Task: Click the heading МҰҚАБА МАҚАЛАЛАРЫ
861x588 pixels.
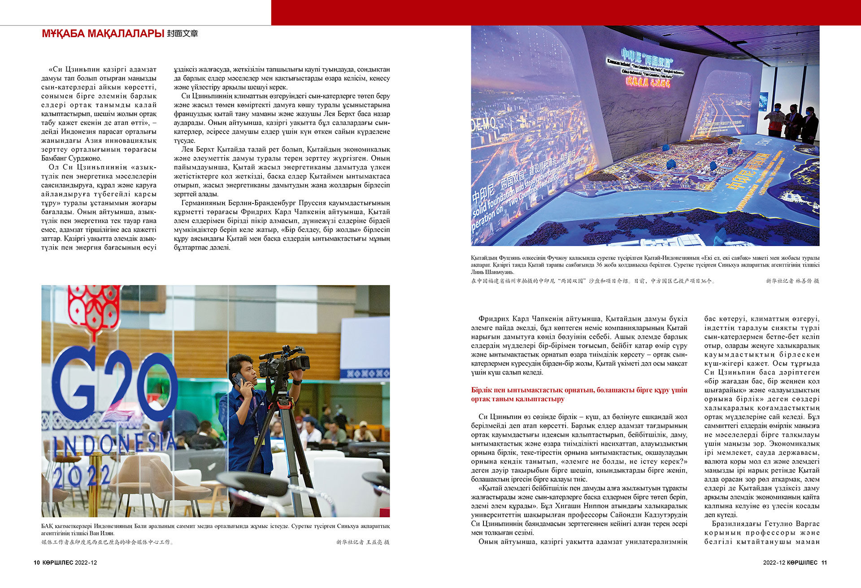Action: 103,34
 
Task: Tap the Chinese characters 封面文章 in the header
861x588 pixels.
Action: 183,34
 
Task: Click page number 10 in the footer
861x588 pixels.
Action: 37,562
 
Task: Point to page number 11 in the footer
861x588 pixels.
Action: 824,562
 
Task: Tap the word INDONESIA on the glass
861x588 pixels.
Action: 114,444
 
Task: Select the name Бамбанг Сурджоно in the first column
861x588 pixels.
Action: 71,158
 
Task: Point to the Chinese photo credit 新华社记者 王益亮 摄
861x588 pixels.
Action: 363,542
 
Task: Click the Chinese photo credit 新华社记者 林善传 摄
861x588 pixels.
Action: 792,281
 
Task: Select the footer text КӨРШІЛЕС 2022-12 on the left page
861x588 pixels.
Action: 70,562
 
